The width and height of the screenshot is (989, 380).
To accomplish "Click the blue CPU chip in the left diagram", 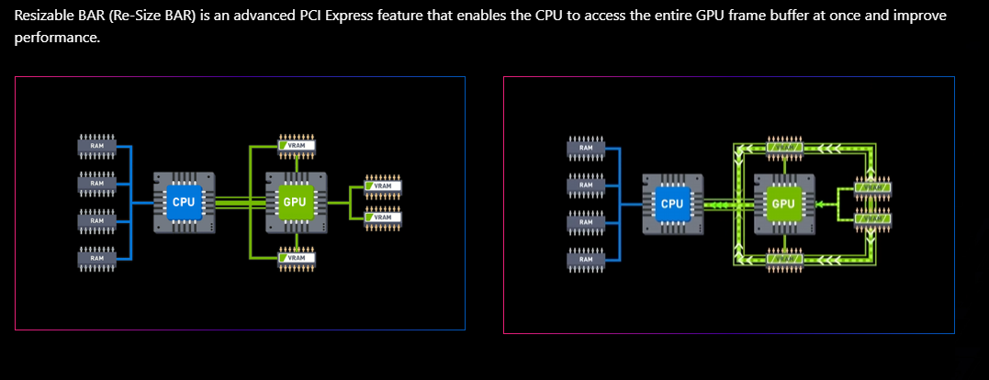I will coord(183,202).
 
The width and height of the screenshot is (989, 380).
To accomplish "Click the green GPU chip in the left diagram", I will coord(294,202).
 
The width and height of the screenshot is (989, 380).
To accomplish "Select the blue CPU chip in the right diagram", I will coord(672,204).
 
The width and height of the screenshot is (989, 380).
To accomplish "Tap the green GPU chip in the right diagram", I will coord(783,204).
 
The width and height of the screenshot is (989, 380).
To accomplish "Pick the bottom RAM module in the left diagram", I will coord(96,260).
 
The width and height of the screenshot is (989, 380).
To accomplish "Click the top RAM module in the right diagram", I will coord(586,147).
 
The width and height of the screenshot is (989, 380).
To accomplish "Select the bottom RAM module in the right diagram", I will coord(586,261).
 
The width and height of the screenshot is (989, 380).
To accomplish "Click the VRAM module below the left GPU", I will coord(297,258).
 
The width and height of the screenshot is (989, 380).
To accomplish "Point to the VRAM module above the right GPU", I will coord(785,147).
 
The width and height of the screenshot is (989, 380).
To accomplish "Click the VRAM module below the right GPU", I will coord(785,260).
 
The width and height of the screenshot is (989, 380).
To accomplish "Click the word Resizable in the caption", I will coord(43,17).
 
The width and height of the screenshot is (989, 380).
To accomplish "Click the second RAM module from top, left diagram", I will coord(96,184).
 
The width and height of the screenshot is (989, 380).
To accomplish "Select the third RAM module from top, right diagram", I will coord(586,222).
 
